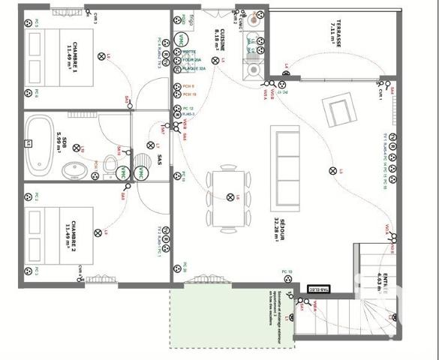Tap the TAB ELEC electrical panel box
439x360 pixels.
[319, 288]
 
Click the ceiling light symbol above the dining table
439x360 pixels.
[230, 196]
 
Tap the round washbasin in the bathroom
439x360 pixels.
[74, 171]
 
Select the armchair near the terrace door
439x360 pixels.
[339, 110]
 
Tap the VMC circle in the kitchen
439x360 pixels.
[181, 40]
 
